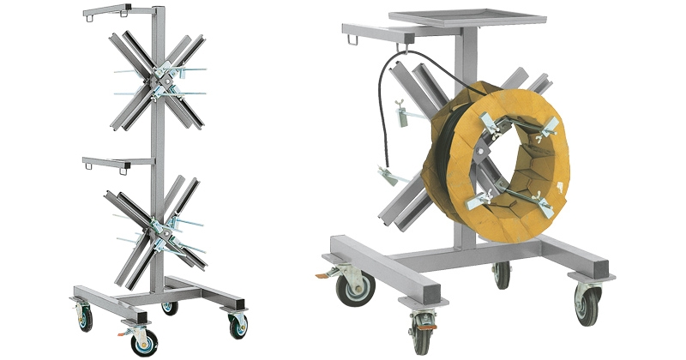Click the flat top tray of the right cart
point(466,19)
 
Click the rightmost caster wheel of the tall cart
point(238,324)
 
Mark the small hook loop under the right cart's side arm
point(349,39)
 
